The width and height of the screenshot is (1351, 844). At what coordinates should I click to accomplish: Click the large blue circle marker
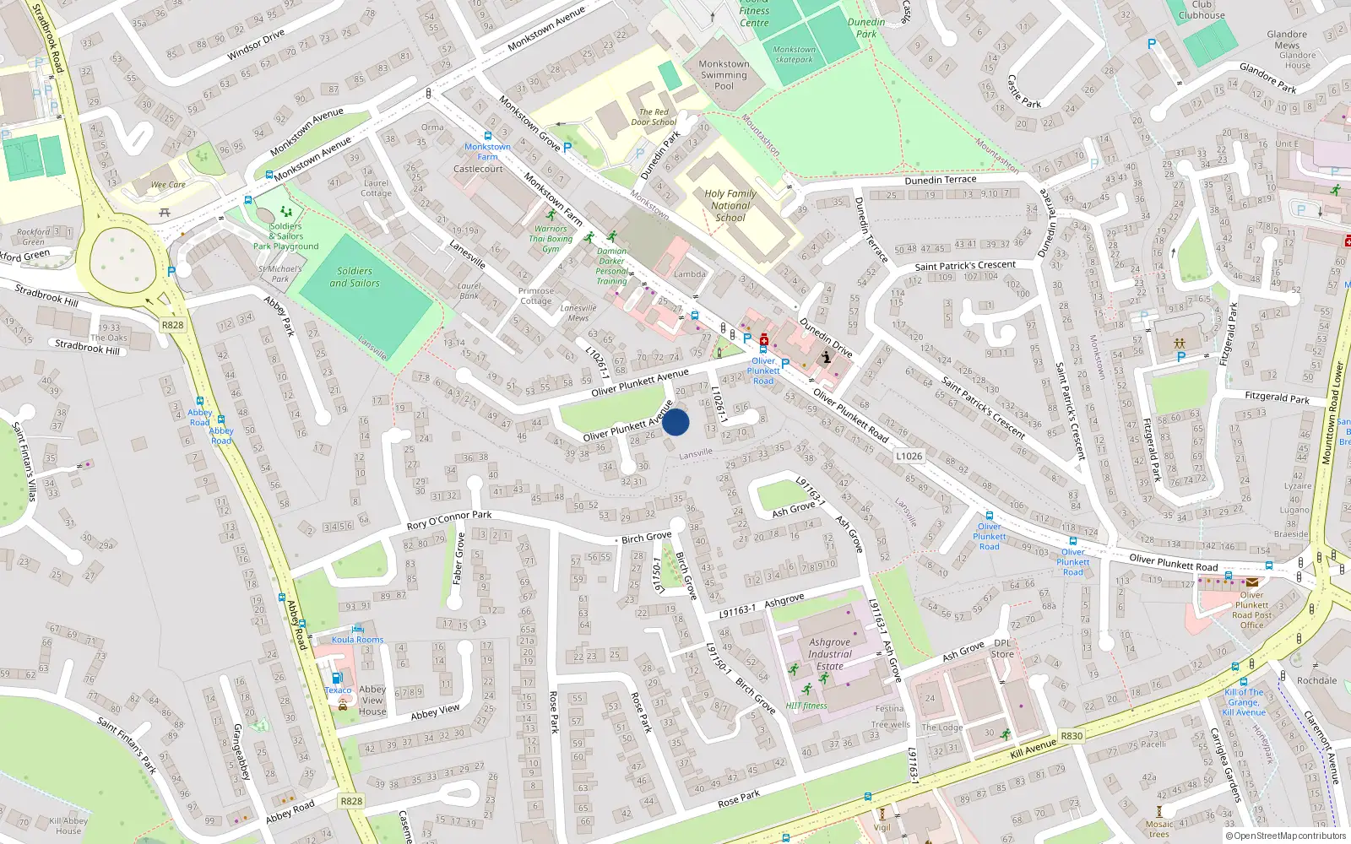click(675, 422)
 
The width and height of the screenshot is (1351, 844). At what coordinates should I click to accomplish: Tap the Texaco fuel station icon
click(337, 677)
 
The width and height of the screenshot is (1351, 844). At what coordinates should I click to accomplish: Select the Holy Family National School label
click(730, 205)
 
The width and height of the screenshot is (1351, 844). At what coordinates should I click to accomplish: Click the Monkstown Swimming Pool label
click(724, 74)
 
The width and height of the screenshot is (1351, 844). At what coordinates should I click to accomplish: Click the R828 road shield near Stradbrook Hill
click(172, 325)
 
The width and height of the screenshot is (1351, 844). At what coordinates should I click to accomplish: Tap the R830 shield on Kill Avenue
click(1071, 736)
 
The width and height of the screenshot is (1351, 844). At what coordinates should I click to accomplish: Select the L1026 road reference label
click(909, 456)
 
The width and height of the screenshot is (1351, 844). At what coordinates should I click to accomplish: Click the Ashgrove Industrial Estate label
click(829, 654)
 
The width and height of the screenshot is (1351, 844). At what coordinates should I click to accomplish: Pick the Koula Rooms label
click(357, 640)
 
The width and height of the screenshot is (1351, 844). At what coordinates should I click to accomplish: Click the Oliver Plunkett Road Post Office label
click(1251, 609)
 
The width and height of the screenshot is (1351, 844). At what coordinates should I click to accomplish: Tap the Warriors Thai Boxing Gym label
click(551, 239)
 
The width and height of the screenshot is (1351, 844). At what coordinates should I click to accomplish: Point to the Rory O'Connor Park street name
click(448, 519)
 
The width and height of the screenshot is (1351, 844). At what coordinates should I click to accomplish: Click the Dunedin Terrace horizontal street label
click(940, 180)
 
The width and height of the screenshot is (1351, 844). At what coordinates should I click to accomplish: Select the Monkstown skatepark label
click(794, 54)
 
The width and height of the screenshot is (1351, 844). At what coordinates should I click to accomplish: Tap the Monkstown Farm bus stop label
click(487, 151)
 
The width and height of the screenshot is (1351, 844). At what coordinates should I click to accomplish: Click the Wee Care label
click(168, 184)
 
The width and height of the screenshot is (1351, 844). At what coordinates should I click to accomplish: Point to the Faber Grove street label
click(458, 559)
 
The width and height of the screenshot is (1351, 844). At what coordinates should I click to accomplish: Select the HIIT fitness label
click(806, 706)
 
